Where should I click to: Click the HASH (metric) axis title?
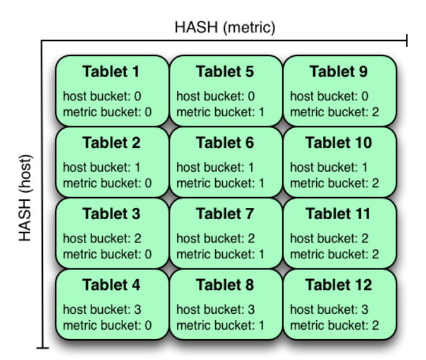coord(225,28)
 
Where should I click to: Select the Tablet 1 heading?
coord(111,71)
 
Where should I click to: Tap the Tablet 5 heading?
coord(225,71)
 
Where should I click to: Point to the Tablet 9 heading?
coord(338,71)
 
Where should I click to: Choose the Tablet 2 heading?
coord(111,143)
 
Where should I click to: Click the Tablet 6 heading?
coord(225,143)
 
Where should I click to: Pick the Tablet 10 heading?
coord(338,143)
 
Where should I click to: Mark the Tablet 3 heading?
coord(111,214)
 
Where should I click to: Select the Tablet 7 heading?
coord(225,214)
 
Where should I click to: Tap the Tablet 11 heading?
coord(338,214)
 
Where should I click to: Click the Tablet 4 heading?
coord(111,285)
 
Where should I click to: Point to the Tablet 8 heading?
coord(225,285)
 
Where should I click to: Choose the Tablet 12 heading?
coord(338,285)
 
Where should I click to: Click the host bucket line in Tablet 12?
coord(329,310)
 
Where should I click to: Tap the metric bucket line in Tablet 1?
coord(107,112)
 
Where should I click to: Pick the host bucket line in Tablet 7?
coord(215,239)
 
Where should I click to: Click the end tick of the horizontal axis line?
coord(406,41)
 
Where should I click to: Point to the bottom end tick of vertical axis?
coord(42,347)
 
